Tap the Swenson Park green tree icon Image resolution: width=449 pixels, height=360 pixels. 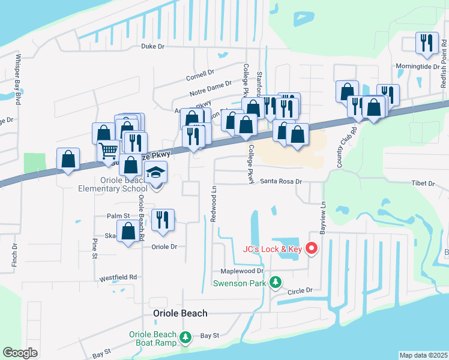point(276,281)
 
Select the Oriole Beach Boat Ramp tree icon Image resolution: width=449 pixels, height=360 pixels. point(186,338)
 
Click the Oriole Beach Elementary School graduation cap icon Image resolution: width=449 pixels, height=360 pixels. point(156,173)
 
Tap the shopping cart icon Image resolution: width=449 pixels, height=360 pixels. point(109,150)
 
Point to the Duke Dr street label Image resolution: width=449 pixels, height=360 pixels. point(152,46)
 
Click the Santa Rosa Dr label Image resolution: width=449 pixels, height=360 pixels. point(280,181)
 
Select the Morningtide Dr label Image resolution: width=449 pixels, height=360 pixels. point(415,67)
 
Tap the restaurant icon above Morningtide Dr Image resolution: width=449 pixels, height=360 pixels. point(427,43)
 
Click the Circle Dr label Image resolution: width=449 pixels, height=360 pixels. point(300,291)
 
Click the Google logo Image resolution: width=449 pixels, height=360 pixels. point(20,353)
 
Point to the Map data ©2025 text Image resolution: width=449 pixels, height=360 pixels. point(423,355)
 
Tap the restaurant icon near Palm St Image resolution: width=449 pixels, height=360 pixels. point(163,220)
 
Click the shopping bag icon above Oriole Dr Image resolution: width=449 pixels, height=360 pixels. point(128,232)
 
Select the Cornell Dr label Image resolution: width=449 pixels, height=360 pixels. point(200,73)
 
